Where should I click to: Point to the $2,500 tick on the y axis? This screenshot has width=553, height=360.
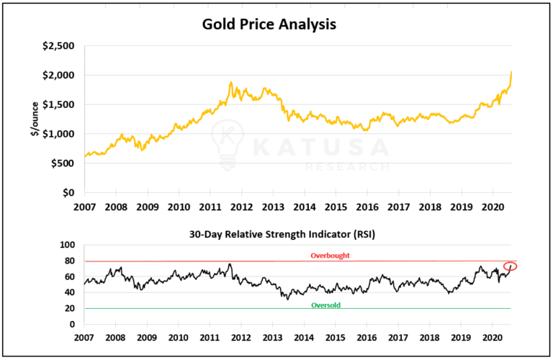[60, 45]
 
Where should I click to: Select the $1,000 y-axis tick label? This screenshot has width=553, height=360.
[60, 134]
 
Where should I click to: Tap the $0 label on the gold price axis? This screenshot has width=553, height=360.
[68, 193]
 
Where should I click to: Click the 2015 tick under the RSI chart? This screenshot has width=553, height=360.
[335, 338]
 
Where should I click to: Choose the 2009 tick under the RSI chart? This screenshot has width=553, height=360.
[147, 338]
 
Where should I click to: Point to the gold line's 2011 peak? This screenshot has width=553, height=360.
[231, 83]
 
